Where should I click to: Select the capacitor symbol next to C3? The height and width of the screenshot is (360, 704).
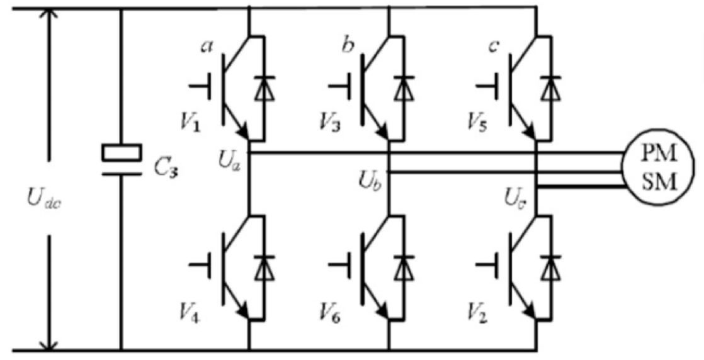pos(121,160)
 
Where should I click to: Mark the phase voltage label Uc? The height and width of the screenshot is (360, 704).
pos(516,198)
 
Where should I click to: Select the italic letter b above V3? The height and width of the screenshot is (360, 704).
pos(346,45)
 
